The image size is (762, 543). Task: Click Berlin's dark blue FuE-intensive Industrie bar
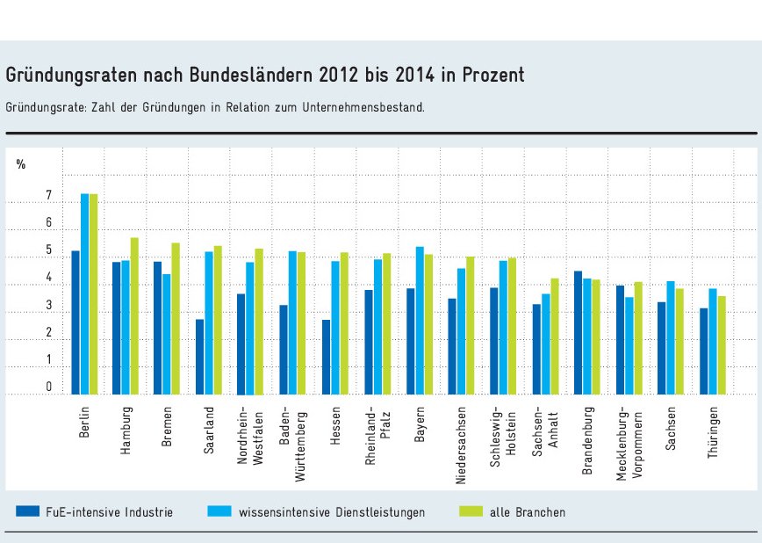[76, 322]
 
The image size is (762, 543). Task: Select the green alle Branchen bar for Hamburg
[134, 315]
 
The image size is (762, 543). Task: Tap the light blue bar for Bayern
[420, 321]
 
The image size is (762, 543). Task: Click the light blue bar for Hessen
[335, 328]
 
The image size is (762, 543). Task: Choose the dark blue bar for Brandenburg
[578, 333]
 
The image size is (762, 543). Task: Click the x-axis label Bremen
[167, 428]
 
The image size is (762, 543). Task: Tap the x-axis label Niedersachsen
[461, 443]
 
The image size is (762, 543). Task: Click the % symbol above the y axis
[21, 163]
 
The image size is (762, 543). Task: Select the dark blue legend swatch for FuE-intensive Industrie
[28, 511]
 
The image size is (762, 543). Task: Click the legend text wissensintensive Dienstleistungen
[331, 511]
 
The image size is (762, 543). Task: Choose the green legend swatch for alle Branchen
[472, 511]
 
